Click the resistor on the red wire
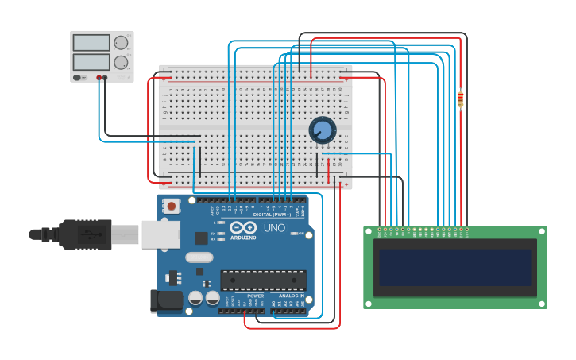click(460, 99)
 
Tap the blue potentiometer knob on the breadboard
click(323, 130)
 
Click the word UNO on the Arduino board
click(273, 228)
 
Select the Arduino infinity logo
click(242, 228)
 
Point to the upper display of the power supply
click(91, 43)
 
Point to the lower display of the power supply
click(91, 61)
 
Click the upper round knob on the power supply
click(121, 43)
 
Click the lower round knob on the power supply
click(121, 62)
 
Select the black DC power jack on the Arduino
click(165, 300)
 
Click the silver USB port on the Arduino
click(160, 234)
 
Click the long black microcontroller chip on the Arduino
click(263, 281)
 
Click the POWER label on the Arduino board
click(255, 296)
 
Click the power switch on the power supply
click(78, 78)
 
